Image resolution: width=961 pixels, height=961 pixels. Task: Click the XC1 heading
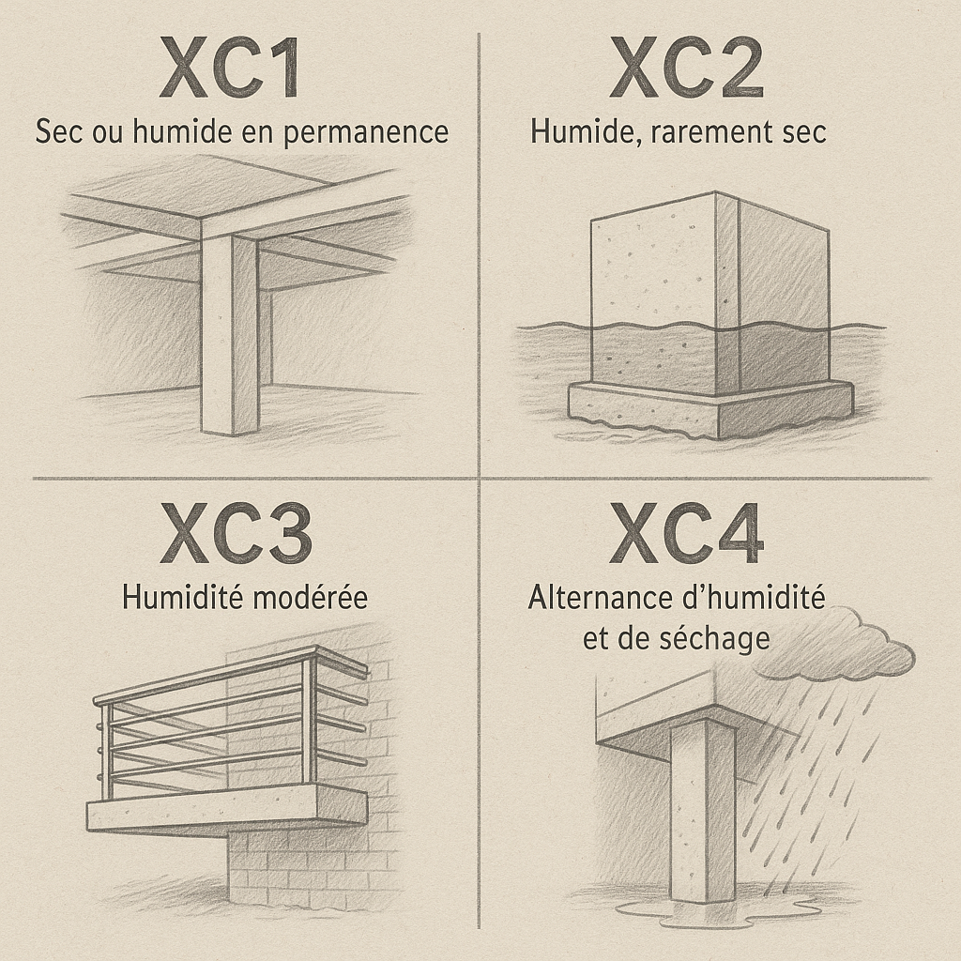click(229, 68)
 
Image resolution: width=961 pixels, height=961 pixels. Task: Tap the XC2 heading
click(686, 68)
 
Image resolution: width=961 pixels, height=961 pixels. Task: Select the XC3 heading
click(236, 533)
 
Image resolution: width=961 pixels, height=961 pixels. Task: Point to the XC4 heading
click(686, 533)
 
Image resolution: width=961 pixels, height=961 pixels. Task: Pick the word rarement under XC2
click(713, 132)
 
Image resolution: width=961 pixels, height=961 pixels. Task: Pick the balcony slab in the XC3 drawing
click(227, 809)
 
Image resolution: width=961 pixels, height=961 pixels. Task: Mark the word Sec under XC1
click(59, 132)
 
